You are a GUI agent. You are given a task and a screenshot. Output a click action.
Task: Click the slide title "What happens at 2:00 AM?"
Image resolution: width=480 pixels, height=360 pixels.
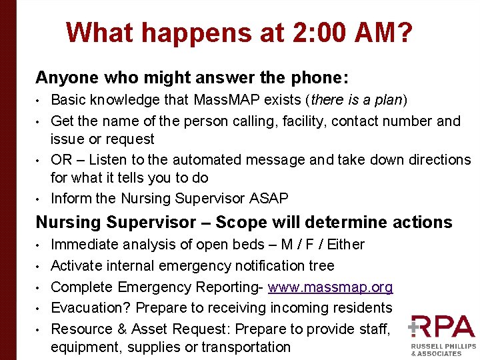coord(239,33)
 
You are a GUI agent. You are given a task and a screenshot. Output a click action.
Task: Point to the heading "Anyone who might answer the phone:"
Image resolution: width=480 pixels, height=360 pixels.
coord(192,77)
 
